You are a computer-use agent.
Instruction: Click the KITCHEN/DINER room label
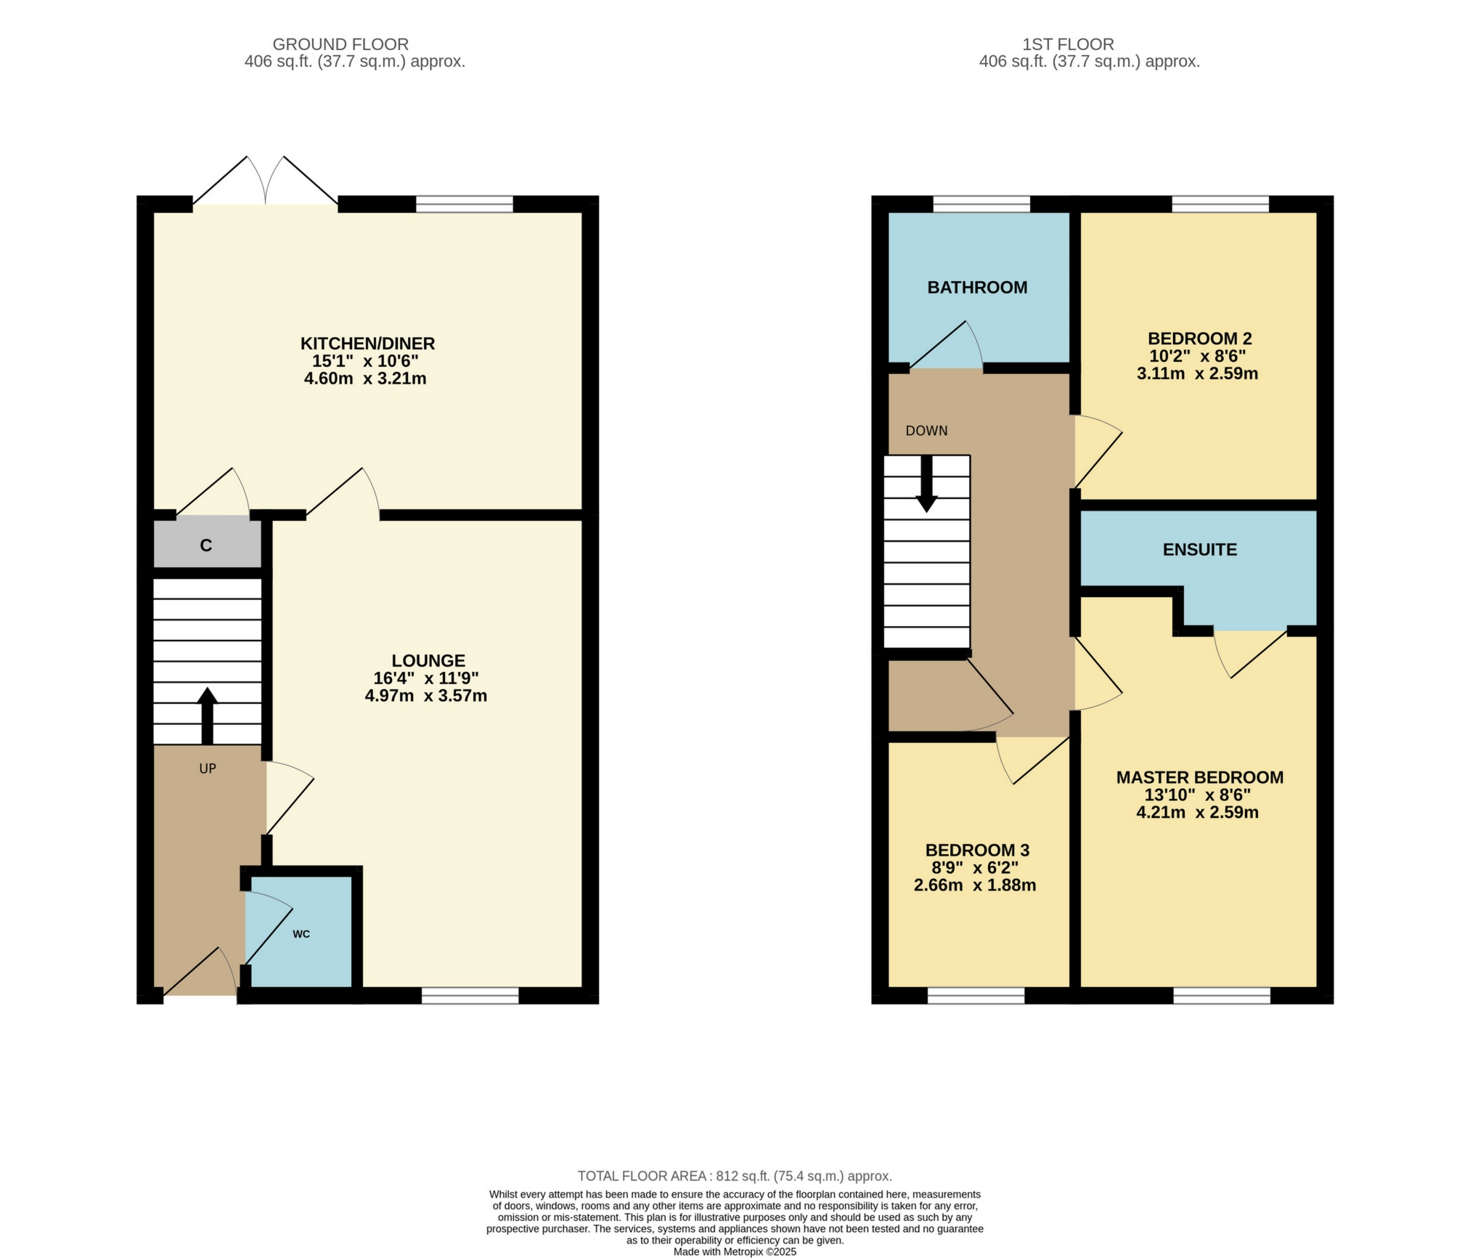(367, 343)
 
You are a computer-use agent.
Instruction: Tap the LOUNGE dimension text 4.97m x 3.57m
(425, 696)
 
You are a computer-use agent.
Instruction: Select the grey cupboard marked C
(206, 545)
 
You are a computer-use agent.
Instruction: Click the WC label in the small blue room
(301, 934)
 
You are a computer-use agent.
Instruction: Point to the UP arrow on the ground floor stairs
(208, 715)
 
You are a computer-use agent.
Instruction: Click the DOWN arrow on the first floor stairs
(926, 484)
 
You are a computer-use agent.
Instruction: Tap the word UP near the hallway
(208, 768)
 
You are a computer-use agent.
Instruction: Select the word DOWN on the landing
(926, 431)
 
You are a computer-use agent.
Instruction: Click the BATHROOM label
(977, 288)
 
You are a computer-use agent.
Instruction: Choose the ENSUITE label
(1199, 550)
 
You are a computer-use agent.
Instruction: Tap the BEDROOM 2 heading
(1199, 338)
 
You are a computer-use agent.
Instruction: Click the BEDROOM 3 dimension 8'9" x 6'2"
(975, 868)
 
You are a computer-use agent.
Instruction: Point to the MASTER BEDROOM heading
(1199, 778)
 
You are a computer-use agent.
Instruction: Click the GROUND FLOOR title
(340, 44)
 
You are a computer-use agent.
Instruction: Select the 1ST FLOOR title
(1068, 44)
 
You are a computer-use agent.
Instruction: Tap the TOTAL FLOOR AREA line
(735, 1176)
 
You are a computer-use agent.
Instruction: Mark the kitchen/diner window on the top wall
(464, 203)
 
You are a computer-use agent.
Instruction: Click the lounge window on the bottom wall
(470, 996)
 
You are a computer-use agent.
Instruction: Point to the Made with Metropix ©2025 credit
(735, 1252)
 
